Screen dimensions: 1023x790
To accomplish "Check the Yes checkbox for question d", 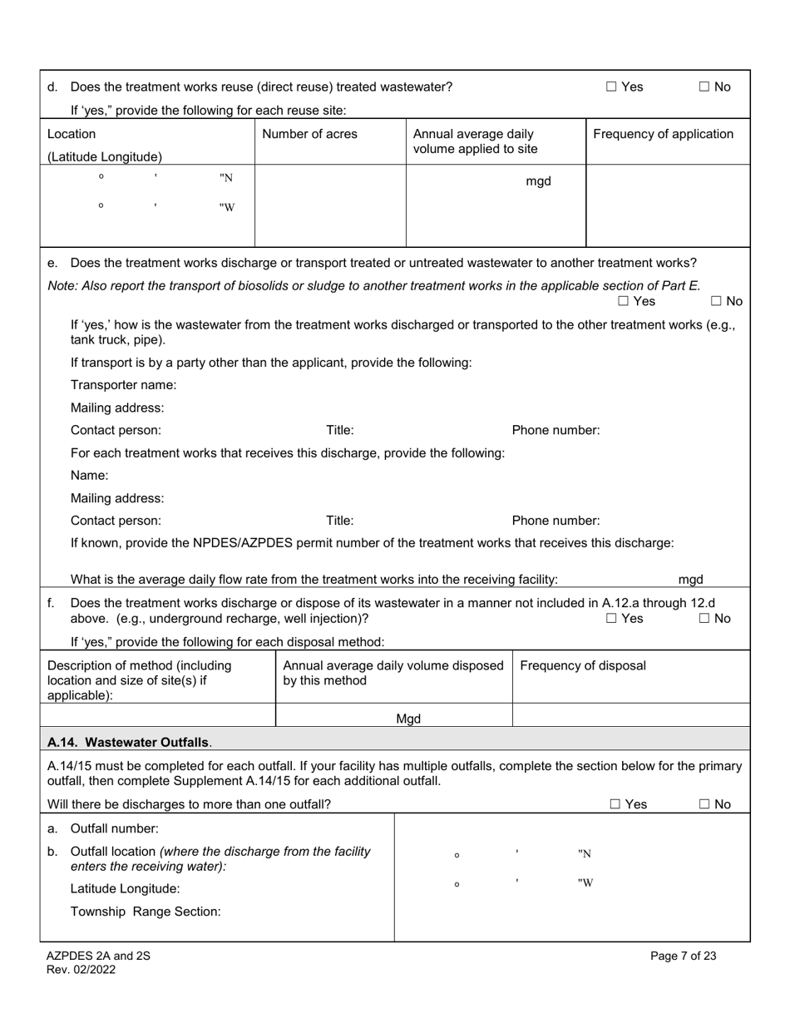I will click(x=611, y=86).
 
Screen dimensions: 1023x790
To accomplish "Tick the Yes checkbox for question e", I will click(x=624, y=301).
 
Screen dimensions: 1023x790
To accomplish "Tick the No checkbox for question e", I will click(x=716, y=301).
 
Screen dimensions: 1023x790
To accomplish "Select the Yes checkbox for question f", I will click(x=611, y=618).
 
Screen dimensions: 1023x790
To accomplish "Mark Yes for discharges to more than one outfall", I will click(x=615, y=804).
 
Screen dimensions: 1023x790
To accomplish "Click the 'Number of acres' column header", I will click(x=309, y=134).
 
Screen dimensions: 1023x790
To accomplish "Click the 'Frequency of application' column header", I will click(x=663, y=134).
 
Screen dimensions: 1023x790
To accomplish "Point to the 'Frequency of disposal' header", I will click(x=582, y=665).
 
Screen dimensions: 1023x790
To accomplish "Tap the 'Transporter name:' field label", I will click(x=123, y=385).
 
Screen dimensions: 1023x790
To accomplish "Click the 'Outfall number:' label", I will click(x=114, y=828).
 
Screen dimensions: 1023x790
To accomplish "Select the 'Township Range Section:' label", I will click(x=146, y=911).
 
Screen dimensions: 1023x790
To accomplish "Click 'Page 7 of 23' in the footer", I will click(x=683, y=956).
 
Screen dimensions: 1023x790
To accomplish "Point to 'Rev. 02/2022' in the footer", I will click(x=81, y=969).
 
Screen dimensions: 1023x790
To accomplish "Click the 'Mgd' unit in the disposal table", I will click(x=407, y=719).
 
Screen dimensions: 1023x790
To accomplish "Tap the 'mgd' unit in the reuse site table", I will click(x=538, y=181).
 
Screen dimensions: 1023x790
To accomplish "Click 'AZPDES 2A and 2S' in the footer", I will click(x=98, y=956).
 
